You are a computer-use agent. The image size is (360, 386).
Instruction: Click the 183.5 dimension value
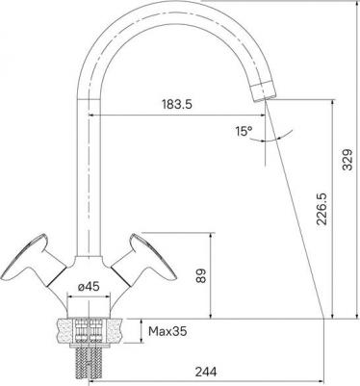[177, 104]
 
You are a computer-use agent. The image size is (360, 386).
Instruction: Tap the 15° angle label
[244, 131]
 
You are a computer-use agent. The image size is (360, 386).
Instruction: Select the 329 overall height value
[347, 160]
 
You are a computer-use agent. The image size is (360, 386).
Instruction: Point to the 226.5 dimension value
[321, 209]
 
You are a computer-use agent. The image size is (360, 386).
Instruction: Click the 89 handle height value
[200, 275]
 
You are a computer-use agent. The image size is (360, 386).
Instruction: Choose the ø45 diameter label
[89, 286]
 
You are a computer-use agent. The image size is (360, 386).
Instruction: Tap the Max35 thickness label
[167, 331]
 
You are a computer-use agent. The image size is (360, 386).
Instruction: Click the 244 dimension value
[206, 372]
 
